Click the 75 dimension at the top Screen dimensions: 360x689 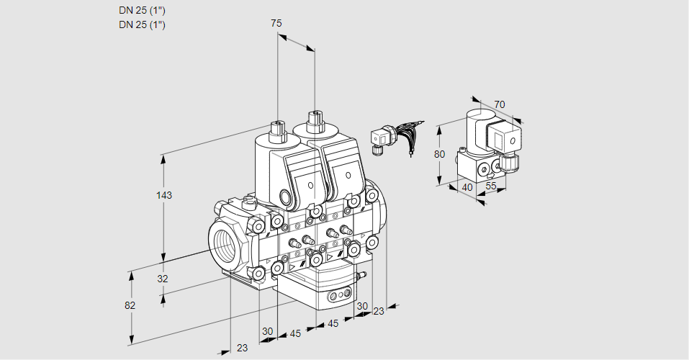[276, 23]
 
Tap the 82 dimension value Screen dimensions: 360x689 [130, 305]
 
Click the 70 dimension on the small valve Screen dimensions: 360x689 [500, 104]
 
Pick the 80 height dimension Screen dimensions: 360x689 [440, 153]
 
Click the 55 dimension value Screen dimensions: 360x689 [491, 186]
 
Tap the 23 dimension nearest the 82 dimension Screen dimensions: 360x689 [242, 347]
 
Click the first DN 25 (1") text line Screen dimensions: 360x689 [142, 11]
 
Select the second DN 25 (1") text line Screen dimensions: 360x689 [142, 25]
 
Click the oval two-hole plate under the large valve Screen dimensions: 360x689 [338, 295]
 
